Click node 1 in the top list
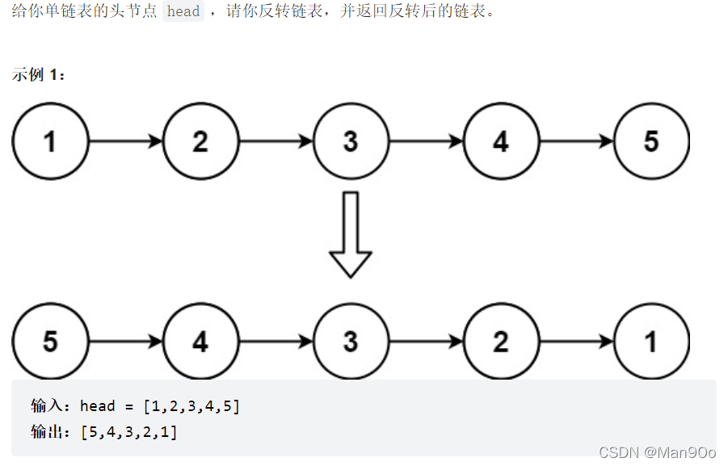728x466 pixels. coord(50,141)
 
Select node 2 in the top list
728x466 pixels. coord(200,141)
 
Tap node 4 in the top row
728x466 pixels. coord(501,141)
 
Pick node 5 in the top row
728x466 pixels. coord(651,141)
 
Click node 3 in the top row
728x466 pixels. coord(351,141)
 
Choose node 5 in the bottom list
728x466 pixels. coord(50,342)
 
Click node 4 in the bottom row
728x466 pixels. coord(200,342)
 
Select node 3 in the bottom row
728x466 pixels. coord(351,342)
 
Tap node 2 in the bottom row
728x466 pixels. coord(501,342)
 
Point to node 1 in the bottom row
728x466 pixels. coord(651,342)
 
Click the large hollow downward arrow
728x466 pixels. coord(351,234)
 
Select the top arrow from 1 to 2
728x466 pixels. coord(125,141)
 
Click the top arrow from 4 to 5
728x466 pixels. coord(576,141)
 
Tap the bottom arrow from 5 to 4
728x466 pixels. coord(125,342)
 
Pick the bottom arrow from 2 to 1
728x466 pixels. coord(576,342)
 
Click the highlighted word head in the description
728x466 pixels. coord(183,12)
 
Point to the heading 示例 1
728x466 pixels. coord(39,74)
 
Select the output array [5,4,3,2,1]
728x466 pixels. coord(129,432)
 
